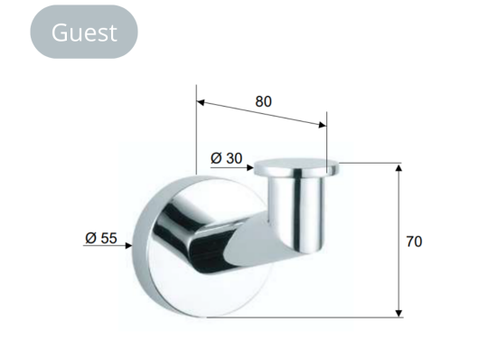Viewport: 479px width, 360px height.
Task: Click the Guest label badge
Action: (x=84, y=32)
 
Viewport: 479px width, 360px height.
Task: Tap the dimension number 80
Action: (x=263, y=101)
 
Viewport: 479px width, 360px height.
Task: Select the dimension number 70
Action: (x=414, y=242)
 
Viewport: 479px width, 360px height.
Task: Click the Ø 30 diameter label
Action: (x=226, y=158)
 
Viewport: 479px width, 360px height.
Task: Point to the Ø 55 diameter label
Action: (x=101, y=238)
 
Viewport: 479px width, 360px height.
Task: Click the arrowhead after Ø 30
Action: (x=250, y=167)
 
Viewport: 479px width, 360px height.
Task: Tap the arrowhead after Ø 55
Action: (x=129, y=246)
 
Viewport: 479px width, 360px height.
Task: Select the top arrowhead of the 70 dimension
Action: (x=399, y=167)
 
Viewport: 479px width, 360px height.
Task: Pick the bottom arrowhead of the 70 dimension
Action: (x=399, y=313)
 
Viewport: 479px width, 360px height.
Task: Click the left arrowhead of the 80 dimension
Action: (x=201, y=102)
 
